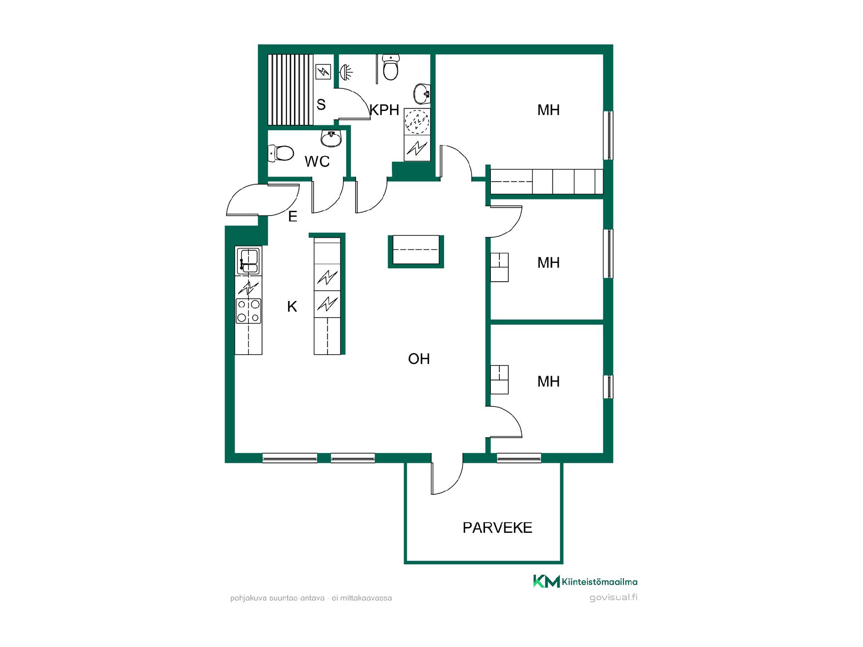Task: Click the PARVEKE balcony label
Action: pos(497,527)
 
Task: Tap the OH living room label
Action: pos(419,359)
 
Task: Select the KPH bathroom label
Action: pos(384,110)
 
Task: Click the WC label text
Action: pos(317,161)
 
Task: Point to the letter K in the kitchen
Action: pos(292,306)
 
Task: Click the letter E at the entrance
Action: pos(293,217)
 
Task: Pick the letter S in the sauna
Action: pos(321,105)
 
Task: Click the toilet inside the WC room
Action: pos(280,153)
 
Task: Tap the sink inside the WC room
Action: pos(332,138)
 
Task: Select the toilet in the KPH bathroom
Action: pos(391,67)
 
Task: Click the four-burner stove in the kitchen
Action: pos(249,311)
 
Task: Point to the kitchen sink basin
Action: pos(249,261)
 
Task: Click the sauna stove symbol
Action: pos(323,71)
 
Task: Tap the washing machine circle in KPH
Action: pos(417,121)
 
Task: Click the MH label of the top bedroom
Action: pos(548,110)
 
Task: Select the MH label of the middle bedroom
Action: pos(548,262)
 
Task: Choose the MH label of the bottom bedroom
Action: pos(548,381)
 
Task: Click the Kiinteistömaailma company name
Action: pos(600,582)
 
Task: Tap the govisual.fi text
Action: pos(614,598)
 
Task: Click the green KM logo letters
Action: pos(547,581)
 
